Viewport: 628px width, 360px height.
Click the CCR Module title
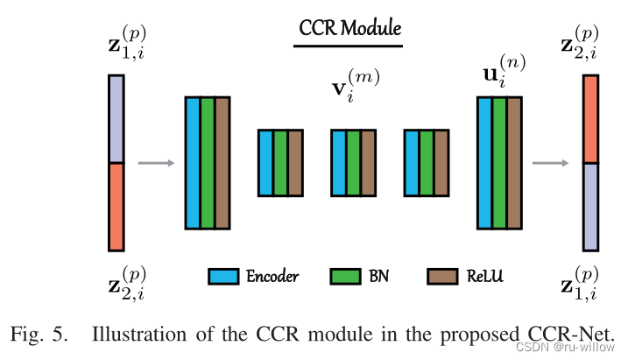pos(349,29)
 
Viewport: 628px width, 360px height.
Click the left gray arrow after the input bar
pos(156,163)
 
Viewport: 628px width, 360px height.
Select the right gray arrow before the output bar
pos(549,163)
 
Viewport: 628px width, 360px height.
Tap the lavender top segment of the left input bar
pos(116,118)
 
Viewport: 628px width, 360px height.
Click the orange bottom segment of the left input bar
pos(116,206)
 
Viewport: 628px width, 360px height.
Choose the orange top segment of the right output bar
pos(590,118)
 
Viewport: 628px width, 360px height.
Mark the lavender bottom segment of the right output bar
pos(590,207)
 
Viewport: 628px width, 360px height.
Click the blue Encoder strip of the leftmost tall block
pos(192,162)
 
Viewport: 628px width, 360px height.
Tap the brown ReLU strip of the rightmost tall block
pos(514,162)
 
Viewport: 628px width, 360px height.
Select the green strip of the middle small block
pos(353,162)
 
